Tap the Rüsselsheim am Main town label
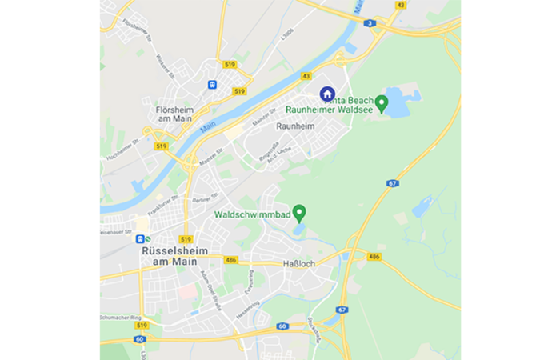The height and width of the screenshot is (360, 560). click(174, 255)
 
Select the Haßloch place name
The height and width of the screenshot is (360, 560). click(300, 263)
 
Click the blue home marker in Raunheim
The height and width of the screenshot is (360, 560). click(327, 94)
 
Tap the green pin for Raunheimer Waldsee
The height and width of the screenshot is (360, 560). click(382, 102)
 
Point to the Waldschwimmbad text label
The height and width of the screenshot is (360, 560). click(253, 214)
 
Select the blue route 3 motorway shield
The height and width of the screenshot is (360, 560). click(370, 23)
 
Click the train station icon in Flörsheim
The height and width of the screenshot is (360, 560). click(212, 84)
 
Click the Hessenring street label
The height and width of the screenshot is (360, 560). click(246, 307)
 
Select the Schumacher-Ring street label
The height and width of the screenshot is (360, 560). click(119, 317)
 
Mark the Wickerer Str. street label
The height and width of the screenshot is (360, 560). click(164, 63)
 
